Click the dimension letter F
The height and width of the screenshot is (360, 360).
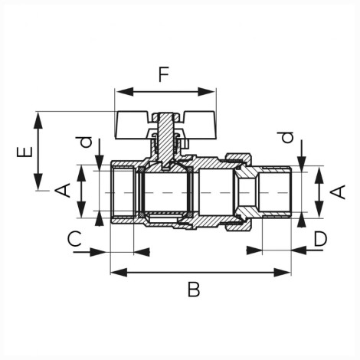pos(164,74)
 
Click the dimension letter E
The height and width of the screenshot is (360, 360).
pos(25,152)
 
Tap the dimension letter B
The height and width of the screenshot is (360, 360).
pos(194,290)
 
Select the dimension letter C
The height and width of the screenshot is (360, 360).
pos(74,238)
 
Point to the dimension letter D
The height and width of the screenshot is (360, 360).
pos(320,239)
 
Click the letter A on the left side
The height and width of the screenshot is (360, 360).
pos(63,190)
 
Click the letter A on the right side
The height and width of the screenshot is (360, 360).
pos(338,192)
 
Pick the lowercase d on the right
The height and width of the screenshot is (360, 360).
pos(286,137)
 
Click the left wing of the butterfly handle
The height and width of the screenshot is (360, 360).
pos(133,125)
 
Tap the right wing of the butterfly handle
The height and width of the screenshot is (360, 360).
pos(199,125)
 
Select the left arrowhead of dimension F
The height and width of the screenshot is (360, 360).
pos(125,92)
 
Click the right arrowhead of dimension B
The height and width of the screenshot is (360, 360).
pos(282,273)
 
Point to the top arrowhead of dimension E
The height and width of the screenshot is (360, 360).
pos(38,120)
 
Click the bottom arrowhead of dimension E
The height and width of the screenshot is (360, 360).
pos(38,182)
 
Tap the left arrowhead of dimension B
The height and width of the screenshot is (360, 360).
pos(119,273)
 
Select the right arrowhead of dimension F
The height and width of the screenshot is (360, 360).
pos(207,92)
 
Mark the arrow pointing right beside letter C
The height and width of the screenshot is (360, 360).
pos(90,252)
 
